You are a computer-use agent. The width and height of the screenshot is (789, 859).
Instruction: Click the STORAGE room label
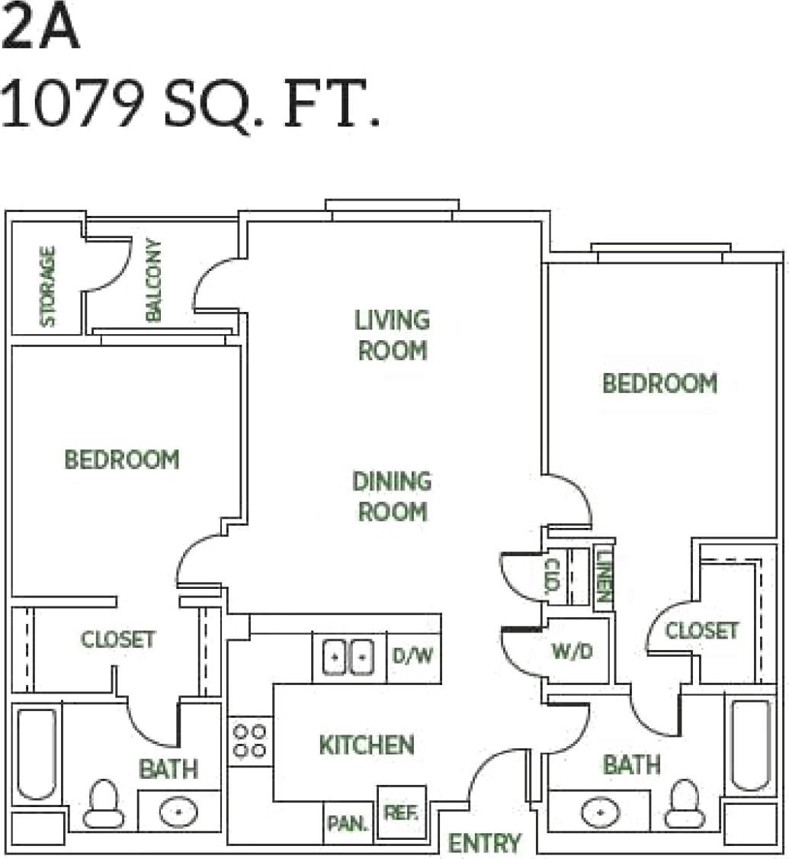click(48, 286)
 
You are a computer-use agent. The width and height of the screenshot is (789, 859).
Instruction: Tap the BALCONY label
click(153, 280)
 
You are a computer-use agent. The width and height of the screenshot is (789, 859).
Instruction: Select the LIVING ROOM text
click(392, 335)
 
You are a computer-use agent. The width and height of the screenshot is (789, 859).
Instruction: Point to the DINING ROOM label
click(392, 496)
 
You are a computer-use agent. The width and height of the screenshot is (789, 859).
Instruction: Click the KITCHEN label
click(367, 745)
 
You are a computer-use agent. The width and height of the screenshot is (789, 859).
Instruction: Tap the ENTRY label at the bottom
click(484, 843)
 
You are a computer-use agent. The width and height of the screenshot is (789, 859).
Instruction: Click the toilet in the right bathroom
click(684, 805)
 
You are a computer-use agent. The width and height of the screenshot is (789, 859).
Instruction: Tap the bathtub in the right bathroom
click(751, 745)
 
